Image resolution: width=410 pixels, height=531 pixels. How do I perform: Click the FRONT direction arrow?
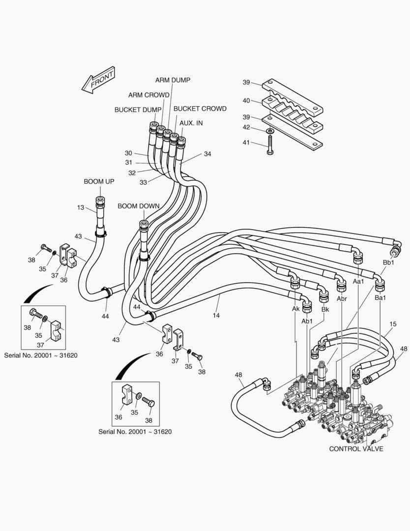click(98, 80)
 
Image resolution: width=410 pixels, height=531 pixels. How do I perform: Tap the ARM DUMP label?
click(173, 80)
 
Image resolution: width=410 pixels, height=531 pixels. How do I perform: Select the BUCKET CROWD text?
click(200, 109)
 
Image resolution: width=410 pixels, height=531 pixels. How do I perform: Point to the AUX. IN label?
click(191, 123)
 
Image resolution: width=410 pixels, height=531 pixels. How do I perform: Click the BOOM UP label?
click(99, 181)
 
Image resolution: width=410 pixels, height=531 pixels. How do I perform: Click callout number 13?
click(81, 207)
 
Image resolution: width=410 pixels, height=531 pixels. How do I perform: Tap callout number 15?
click(393, 324)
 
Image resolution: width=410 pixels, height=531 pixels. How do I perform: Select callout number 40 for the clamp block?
click(246, 100)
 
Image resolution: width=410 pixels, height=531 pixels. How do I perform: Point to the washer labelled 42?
click(270, 131)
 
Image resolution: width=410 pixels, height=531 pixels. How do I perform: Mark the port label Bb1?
click(388, 264)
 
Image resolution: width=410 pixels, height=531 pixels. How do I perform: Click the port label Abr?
click(342, 298)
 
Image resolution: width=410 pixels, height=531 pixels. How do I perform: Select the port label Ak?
click(295, 309)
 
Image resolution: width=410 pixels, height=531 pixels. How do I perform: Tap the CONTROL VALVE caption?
click(356, 448)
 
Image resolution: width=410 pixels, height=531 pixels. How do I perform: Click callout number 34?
click(207, 154)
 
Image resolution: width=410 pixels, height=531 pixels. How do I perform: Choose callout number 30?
click(128, 153)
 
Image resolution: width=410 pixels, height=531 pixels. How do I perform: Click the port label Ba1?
click(380, 298)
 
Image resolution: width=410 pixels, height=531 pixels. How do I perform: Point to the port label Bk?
click(325, 309)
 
